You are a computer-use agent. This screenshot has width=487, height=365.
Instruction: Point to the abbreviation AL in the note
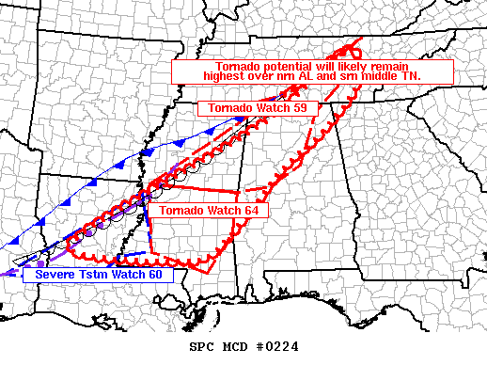tap(311, 76)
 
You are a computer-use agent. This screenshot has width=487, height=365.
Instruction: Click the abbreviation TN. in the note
tap(411, 76)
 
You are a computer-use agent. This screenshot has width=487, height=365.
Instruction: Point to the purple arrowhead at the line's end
tap(6, 274)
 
